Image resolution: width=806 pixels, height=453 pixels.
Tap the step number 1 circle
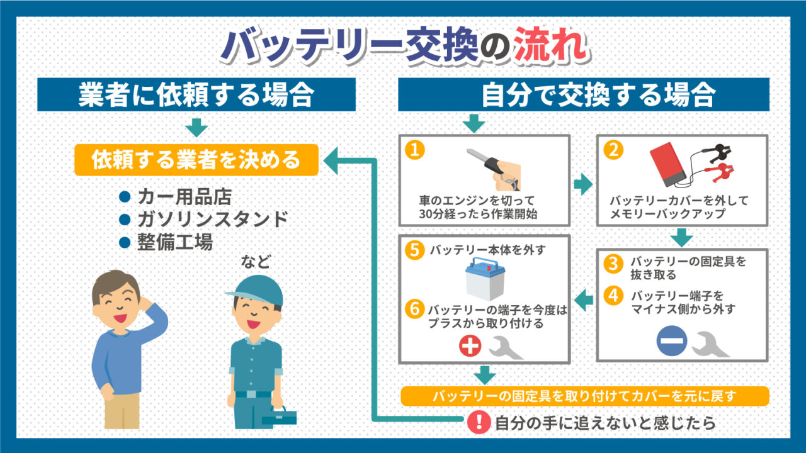(x=414, y=150)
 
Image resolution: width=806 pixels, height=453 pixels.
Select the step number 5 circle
(x=414, y=250)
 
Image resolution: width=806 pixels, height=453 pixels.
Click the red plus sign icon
(x=470, y=346)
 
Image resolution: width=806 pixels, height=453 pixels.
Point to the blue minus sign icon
(x=671, y=341)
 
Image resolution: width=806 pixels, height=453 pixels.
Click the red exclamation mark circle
(x=479, y=422)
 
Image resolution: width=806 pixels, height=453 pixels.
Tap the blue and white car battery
(x=485, y=279)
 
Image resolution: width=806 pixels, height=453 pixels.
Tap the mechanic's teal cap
(x=256, y=291)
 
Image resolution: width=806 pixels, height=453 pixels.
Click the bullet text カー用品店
(x=185, y=197)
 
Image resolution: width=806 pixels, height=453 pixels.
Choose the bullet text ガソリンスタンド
(x=213, y=219)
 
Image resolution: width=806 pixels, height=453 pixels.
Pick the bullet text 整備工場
(x=175, y=242)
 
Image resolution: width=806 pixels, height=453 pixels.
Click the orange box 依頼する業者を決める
(x=196, y=160)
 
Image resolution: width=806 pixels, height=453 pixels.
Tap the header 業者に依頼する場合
(x=196, y=94)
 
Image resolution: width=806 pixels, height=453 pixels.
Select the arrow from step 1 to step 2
(x=583, y=184)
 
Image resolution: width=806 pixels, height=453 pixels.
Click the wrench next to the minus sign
(x=710, y=344)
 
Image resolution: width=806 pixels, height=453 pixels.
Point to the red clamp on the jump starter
(x=719, y=172)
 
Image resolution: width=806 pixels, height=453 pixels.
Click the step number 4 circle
(x=613, y=296)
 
